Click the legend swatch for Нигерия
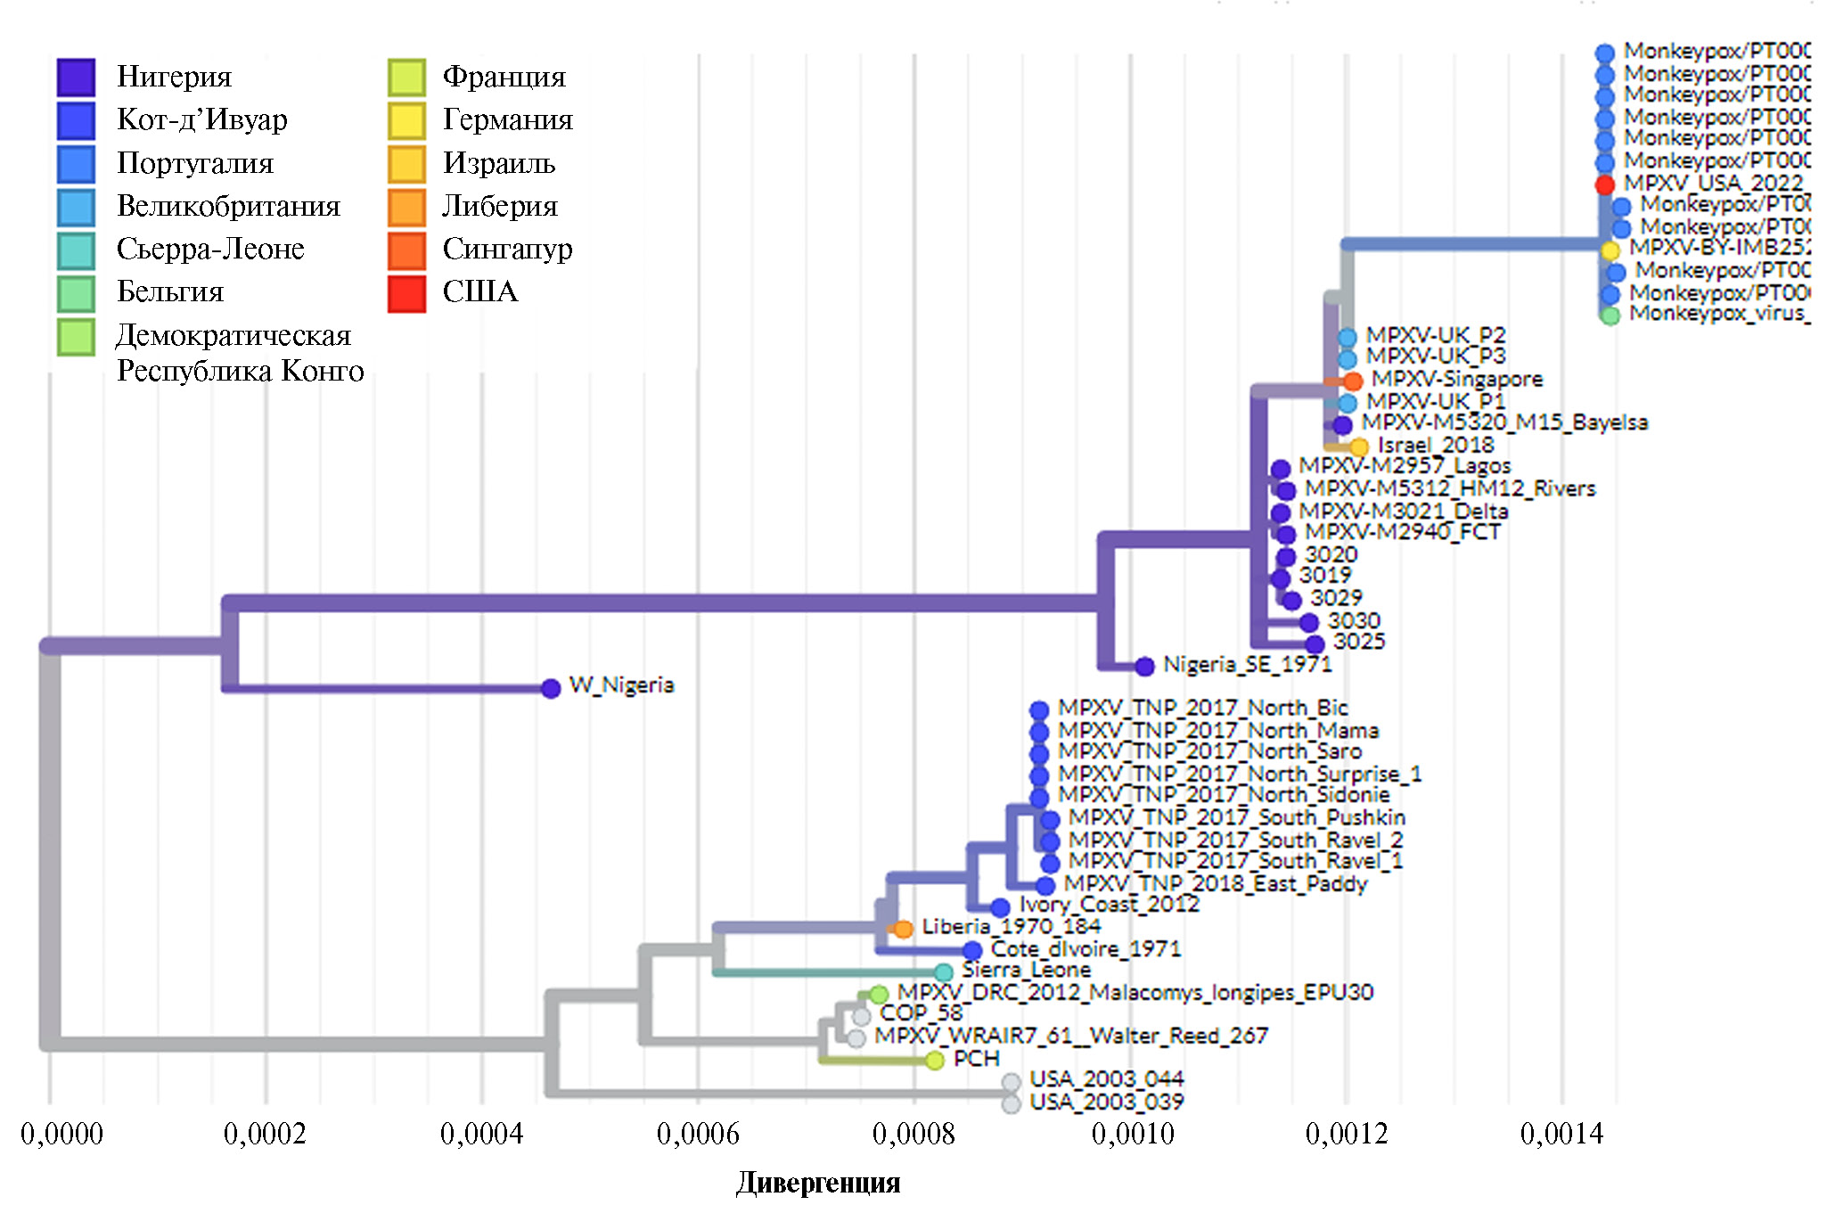[x=76, y=78]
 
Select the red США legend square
[x=406, y=293]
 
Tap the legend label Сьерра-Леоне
[x=210, y=249]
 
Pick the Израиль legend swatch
[x=406, y=164]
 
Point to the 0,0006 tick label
[x=698, y=1134]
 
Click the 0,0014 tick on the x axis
[x=1561, y=1134]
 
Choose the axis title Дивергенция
[x=818, y=1183]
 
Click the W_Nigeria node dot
[x=551, y=688]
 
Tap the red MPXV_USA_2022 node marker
[x=1604, y=184]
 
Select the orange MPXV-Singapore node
[x=1353, y=381]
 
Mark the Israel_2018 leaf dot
[x=1359, y=447]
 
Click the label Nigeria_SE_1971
[x=1247, y=665]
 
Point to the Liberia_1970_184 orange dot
[x=904, y=930]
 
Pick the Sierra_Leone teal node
[x=944, y=971]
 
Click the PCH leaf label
[x=976, y=1059]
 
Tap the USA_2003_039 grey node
[x=1011, y=1104]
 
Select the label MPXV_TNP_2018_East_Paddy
[x=1216, y=884]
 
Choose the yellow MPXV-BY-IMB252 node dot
[x=1610, y=250]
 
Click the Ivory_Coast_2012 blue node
[x=1000, y=907]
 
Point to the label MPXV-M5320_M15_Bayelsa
[x=1504, y=422]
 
